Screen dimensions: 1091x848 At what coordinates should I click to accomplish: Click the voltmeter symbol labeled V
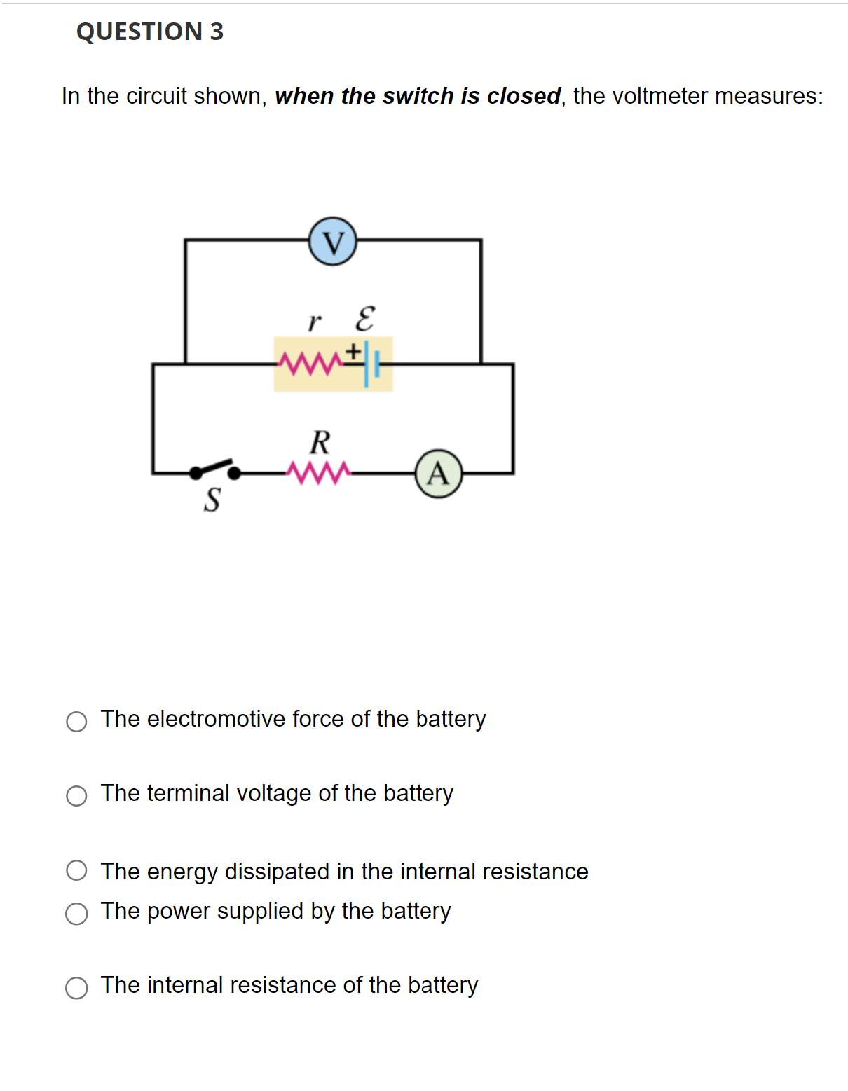(x=333, y=241)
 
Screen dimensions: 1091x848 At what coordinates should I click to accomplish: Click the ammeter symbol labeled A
(x=439, y=474)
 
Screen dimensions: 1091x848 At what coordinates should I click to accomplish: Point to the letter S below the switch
(x=212, y=500)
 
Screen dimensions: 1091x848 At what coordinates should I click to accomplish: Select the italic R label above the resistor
(x=320, y=443)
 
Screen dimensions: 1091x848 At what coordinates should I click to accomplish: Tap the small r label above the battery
(x=314, y=322)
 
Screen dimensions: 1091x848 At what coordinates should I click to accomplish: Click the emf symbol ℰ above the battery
(x=364, y=319)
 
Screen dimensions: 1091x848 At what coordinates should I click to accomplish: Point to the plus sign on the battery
(x=355, y=350)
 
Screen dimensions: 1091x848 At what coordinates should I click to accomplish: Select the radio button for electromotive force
(x=76, y=721)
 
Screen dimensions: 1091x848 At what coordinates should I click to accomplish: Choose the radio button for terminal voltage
(x=76, y=795)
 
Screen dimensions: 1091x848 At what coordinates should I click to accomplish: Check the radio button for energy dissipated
(x=76, y=870)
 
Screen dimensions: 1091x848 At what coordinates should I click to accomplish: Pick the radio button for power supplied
(x=76, y=913)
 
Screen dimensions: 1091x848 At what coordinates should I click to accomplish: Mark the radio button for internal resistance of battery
(x=76, y=987)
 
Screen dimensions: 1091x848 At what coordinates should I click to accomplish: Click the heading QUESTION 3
(x=150, y=32)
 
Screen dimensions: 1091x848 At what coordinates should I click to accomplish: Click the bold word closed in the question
(x=524, y=96)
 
